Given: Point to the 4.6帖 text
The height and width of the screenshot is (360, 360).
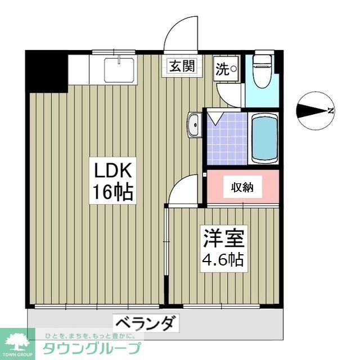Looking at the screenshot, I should pyautogui.click(x=223, y=260).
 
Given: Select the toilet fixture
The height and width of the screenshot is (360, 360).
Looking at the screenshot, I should pyautogui.click(x=262, y=71).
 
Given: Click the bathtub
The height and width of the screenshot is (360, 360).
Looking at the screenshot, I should pyautogui.click(x=263, y=138).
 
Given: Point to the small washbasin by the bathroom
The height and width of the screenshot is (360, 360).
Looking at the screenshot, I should pyautogui.click(x=195, y=124).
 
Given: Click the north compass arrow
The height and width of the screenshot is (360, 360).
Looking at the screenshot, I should pyautogui.click(x=315, y=111).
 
